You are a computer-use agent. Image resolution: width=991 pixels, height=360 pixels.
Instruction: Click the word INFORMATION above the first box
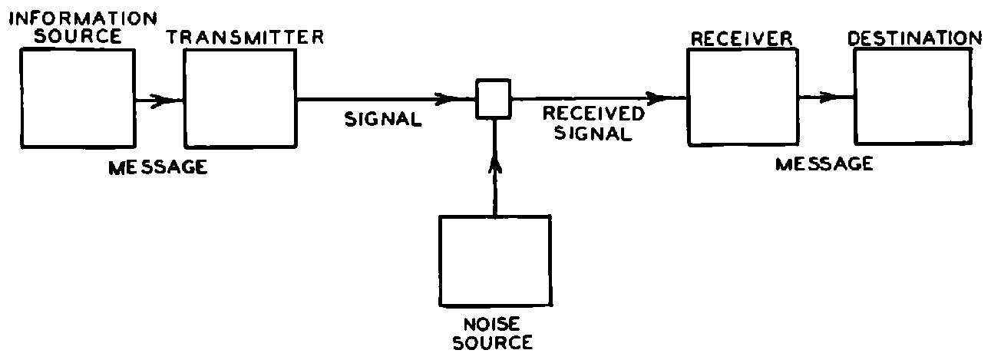coord(83,18)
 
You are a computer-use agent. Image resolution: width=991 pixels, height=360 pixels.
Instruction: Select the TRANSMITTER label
coord(246,37)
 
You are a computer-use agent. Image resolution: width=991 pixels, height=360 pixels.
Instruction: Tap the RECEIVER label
coord(742,39)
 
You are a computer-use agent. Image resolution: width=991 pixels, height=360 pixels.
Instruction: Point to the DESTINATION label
coord(914,38)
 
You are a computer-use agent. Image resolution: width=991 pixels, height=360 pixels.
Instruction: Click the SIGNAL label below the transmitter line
coord(383,119)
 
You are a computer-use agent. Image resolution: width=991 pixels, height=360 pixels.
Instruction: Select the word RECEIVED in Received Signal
coord(593,114)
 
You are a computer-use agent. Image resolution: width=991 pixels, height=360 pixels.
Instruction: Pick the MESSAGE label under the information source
coord(158,167)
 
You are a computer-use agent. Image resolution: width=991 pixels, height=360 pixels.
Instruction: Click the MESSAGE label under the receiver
coord(824,164)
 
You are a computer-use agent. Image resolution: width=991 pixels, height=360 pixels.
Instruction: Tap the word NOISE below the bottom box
coord(491,325)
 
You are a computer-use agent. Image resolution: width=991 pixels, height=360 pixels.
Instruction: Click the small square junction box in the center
coord(494,99)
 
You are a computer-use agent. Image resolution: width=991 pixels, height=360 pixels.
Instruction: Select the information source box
coord(78,98)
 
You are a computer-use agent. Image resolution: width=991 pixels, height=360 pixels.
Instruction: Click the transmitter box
coord(240,98)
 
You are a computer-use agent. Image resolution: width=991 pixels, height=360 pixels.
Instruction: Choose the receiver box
coord(743,97)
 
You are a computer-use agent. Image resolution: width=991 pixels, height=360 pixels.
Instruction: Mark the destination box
coord(913,97)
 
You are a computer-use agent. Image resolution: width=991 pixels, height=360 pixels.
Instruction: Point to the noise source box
coord(496,261)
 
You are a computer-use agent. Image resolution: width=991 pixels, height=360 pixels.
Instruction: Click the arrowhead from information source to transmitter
coord(160,101)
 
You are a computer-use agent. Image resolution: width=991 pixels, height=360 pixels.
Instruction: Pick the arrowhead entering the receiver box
coord(659,97)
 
